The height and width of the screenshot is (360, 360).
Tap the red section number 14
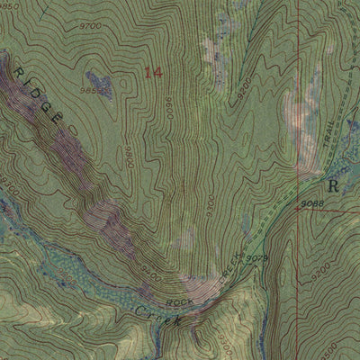[x=154, y=73]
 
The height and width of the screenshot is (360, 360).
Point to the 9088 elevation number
[x=312, y=203]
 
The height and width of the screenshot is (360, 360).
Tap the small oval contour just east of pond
[x=115, y=87]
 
